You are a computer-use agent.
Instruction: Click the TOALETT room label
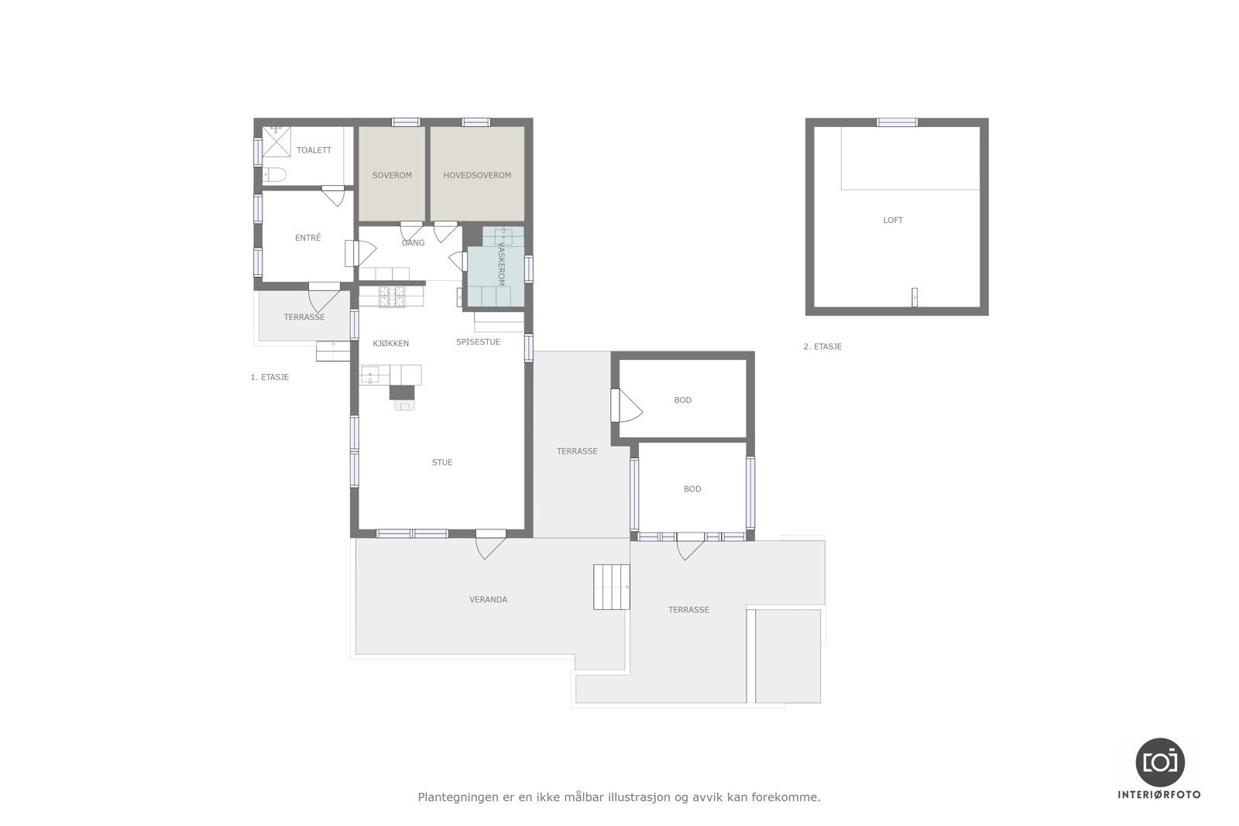tap(314, 150)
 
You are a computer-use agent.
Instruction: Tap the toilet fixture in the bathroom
tap(274, 175)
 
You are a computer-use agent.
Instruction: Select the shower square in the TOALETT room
tap(276, 142)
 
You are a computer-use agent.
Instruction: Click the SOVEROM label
tap(392, 175)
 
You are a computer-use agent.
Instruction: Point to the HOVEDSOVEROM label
tap(477, 175)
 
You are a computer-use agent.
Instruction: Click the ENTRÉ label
tap(307, 238)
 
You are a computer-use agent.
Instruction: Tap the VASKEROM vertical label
tap(501, 264)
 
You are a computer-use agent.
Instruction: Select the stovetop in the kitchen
tap(392, 297)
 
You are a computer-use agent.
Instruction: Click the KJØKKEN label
tap(390, 344)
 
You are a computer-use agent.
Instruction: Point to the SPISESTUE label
tap(478, 342)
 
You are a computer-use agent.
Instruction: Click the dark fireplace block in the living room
tap(402, 392)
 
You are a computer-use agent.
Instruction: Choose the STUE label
tap(442, 462)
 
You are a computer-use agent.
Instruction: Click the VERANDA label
tap(488, 599)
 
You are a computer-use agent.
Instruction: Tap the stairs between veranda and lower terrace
tap(611, 587)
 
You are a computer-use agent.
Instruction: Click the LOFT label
tap(893, 220)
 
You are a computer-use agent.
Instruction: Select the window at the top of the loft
tap(897, 122)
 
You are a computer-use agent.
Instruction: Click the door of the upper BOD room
tap(626, 406)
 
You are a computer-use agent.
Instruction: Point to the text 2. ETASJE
tap(822, 347)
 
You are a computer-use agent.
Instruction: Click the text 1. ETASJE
tap(269, 377)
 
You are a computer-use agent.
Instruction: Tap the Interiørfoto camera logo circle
tap(1160, 762)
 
